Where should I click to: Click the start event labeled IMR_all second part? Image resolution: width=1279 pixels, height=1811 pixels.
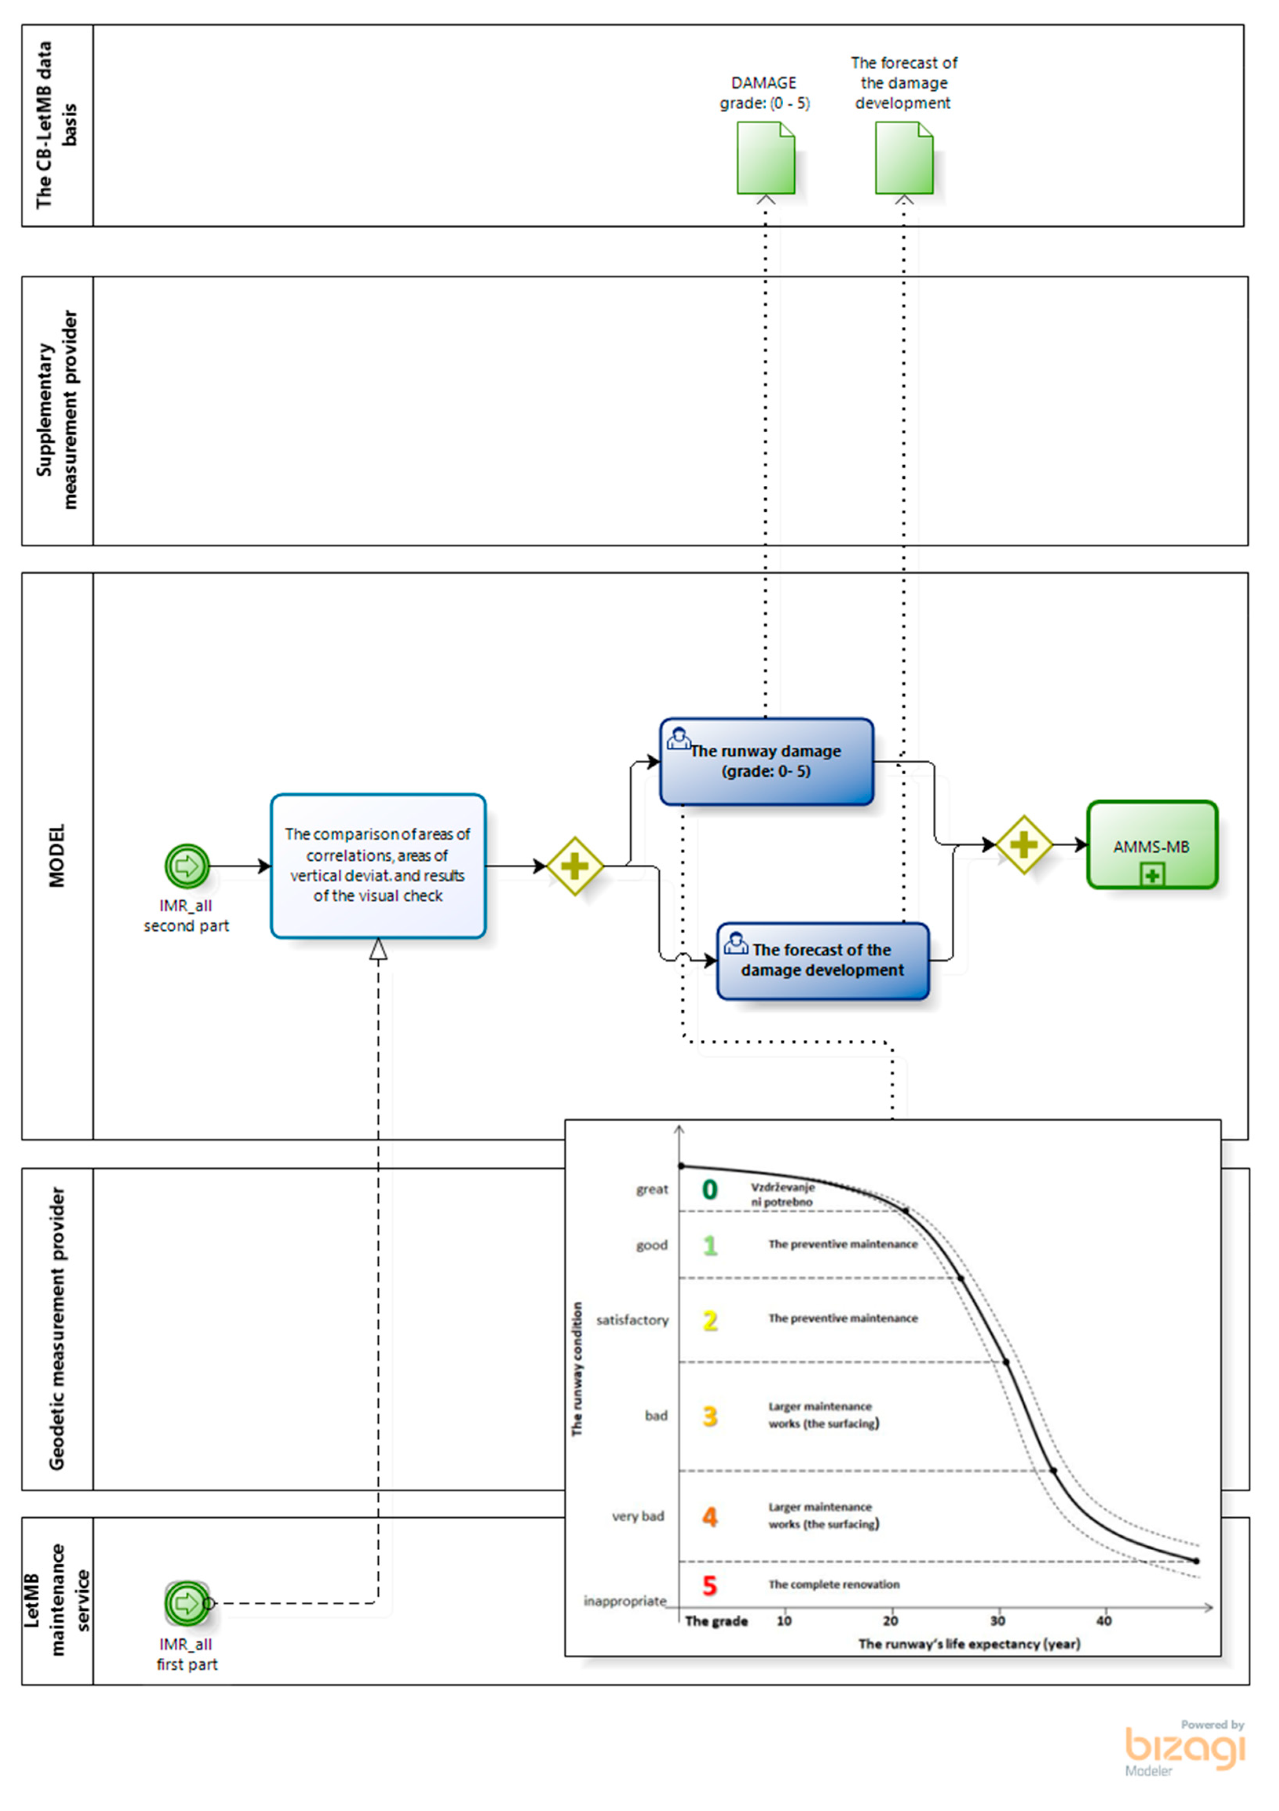tap(187, 866)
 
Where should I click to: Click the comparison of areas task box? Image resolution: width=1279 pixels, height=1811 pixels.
tap(378, 865)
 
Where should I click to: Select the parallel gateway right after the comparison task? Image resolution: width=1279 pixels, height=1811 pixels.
tap(575, 866)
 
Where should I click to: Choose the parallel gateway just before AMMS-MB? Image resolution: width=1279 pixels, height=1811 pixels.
tap(1024, 845)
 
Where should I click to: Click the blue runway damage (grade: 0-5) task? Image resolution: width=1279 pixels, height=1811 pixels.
tap(766, 761)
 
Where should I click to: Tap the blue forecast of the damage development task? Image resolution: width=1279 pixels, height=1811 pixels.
tap(823, 961)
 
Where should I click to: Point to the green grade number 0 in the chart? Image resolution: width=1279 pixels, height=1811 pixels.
tap(710, 1189)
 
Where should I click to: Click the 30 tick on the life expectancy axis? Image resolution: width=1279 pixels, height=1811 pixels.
tap(998, 1621)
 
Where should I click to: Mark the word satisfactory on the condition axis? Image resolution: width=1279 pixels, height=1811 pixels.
tap(632, 1321)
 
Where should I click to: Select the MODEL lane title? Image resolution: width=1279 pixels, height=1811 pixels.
tap(57, 856)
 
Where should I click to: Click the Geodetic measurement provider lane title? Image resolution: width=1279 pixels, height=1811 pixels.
tap(57, 1329)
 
